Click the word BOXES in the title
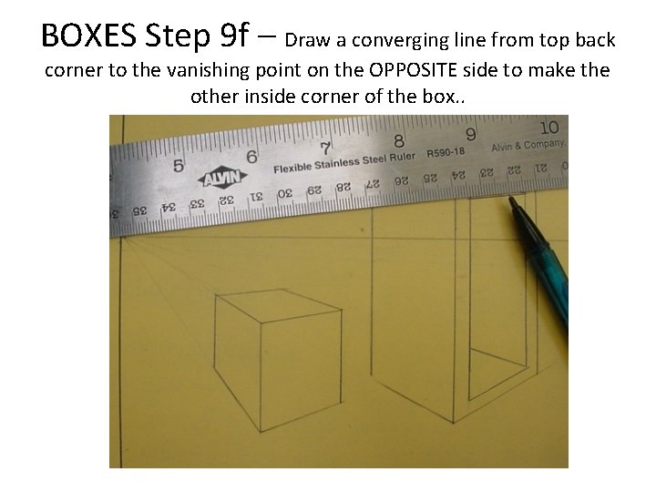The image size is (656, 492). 88,36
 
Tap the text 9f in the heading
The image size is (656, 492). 233,36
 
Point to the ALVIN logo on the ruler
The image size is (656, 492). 222,179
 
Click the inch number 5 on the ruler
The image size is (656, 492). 179,166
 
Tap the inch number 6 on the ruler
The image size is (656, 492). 251,157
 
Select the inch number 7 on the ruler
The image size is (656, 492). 325,149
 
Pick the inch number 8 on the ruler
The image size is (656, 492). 399,141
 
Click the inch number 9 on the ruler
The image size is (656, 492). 471,135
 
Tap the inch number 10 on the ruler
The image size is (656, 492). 549,128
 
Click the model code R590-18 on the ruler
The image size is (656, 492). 446,152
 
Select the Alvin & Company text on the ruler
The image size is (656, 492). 528,146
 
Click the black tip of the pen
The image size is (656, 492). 511,200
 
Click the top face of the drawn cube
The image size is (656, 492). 278,306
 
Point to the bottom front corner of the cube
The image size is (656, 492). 261,431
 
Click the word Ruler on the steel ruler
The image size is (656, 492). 402,158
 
